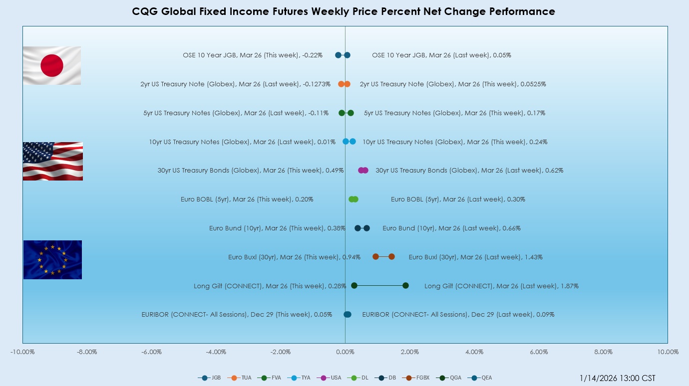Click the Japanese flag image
click(x=52, y=65)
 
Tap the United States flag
click(x=53, y=161)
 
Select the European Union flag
click(x=52, y=260)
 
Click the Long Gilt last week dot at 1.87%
click(x=405, y=286)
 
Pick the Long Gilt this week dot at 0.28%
click(x=354, y=286)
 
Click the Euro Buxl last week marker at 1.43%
click(x=391, y=257)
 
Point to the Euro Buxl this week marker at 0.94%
click(x=375, y=257)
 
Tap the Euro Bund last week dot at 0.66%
click(x=366, y=228)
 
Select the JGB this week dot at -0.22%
click(x=338, y=55)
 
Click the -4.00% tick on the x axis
click(x=216, y=352)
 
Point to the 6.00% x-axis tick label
click(x=539, y=352)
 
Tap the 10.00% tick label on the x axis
click(x=668, y=352)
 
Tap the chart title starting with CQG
click(x=344, y=11)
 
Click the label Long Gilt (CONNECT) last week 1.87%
click(x=501, y=286)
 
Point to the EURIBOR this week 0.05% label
click(x=237, y=315)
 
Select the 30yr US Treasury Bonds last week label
click(x=469, y=171)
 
